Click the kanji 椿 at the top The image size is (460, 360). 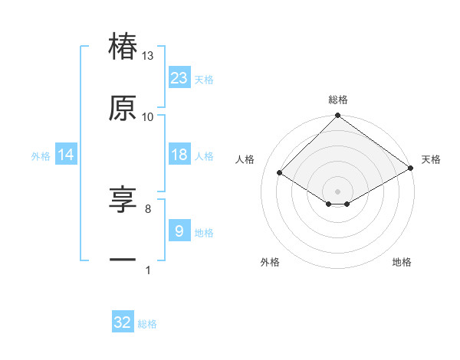123,46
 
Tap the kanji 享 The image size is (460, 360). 123,200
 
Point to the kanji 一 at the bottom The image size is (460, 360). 123,261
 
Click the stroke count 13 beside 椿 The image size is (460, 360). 148,56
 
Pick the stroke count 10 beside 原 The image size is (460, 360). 148,117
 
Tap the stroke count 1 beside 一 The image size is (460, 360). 148,270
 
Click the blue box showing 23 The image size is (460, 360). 179,77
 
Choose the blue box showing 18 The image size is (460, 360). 179,155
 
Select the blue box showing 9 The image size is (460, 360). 179,231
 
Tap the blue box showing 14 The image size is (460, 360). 66,155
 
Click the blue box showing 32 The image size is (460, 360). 123,322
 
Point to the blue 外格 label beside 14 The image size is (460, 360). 41,156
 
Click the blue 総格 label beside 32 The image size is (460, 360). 147,324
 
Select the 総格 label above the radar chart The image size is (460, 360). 338,100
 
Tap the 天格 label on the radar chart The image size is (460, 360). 431,159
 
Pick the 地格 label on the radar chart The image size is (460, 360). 402,262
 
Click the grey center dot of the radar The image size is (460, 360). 338,191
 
